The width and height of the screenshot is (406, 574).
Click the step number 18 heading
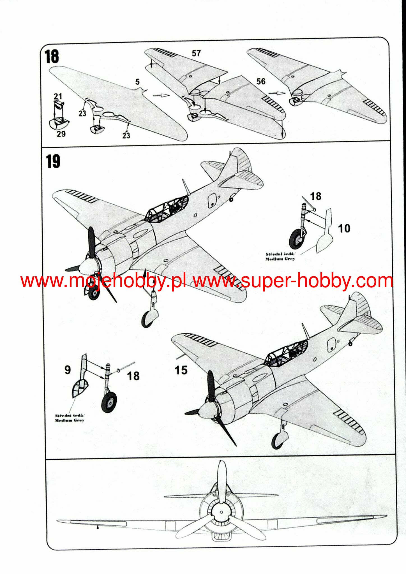coord(52,57)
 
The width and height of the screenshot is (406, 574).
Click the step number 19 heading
coord(53,162)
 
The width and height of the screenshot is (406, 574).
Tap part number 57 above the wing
coord(196,53)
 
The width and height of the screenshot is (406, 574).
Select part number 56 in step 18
coord(261,81)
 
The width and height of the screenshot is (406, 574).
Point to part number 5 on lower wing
coord(137,82)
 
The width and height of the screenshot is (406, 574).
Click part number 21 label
coord(58,96)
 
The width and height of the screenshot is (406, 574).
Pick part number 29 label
coord(61,134)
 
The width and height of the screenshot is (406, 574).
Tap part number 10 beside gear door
coord(344,228)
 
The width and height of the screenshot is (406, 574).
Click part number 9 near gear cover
coord(68,370)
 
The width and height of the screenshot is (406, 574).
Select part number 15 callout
coord(181,370)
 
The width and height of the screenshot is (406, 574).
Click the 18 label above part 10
coord(316,196)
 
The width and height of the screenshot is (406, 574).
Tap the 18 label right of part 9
coord(133,376)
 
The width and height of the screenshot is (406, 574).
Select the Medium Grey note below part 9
coord(70,418)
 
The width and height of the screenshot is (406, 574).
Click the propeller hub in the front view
coord(221,512)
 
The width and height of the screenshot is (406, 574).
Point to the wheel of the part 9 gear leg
coord(109,402)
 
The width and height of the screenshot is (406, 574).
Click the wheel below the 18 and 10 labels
coord(296,239)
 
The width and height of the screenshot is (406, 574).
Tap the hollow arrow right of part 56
coord(276,93)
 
